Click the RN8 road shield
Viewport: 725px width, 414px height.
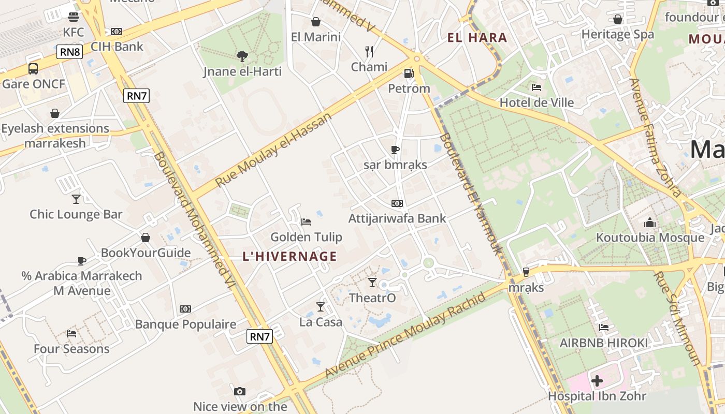pos(70,52)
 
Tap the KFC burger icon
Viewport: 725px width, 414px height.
pos(74,17)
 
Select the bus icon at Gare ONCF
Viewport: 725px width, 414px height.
pos(33,68)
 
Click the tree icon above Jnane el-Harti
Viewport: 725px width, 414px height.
pos(242,56)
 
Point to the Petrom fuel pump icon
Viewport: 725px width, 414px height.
pos(409,73)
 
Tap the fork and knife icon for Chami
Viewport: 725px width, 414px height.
pos(369,51)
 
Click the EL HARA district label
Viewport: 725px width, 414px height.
pos(477,38)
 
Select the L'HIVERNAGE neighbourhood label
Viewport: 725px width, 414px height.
pos(290,256)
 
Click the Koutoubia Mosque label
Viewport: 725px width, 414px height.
pos(650,238)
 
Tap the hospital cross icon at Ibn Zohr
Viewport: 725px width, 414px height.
pos(597,381)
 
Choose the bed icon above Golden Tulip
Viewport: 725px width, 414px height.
pos(306,222)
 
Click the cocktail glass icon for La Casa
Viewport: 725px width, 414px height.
pos(321,307)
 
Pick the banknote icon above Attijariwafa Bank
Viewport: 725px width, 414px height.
pos(397,203)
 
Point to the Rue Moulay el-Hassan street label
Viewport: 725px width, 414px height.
pos(273,150)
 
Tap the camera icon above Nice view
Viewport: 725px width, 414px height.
pos(239,391)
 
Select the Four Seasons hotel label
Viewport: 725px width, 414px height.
pos(71,349)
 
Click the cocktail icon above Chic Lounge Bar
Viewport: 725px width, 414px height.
pos(76,199)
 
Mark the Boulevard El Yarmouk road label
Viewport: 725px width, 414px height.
pos(471,194)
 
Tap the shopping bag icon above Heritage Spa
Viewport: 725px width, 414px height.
pos(617,20)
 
